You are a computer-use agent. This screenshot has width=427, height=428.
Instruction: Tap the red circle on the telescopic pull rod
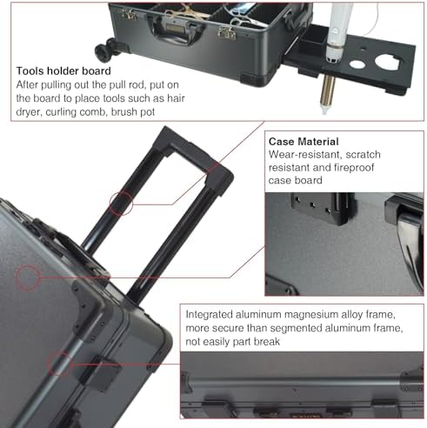(x=122, y=204)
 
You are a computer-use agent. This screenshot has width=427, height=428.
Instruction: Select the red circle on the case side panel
(x=28, y=278)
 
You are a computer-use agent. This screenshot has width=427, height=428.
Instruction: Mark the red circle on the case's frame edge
(x=58, y=363)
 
